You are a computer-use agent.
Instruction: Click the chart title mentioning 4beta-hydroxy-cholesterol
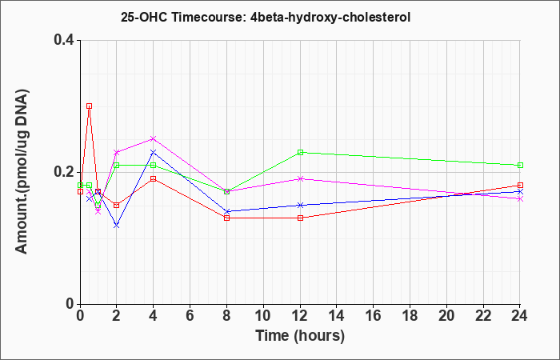pos(266,17)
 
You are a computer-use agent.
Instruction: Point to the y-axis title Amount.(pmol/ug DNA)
pos(22,172)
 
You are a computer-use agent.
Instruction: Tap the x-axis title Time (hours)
pos(300,336)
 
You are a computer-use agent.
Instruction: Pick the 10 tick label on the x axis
pos(263,316)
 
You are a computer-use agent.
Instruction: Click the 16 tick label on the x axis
pos(374,316)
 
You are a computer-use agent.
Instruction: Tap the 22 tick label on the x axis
pos(483,316)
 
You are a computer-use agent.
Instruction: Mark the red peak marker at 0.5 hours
pos(90,106)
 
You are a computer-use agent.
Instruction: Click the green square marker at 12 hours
pos(300,152)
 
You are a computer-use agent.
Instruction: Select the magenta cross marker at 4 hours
pos(154,138)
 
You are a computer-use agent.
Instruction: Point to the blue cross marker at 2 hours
pos(117,226)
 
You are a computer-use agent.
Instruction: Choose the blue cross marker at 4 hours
pos(154,152)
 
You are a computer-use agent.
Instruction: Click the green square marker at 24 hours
pos(520,166)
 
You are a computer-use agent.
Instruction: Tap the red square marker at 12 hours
pos(300,218)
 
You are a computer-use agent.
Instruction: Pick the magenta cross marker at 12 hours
pos(300,178)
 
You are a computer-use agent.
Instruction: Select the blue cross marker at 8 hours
pos(226,211)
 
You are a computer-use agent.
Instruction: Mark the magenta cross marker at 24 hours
pos(520,198)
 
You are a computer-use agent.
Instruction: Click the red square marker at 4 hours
pos(154,178)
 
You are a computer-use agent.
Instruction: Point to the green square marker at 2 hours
pos(117,166)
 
